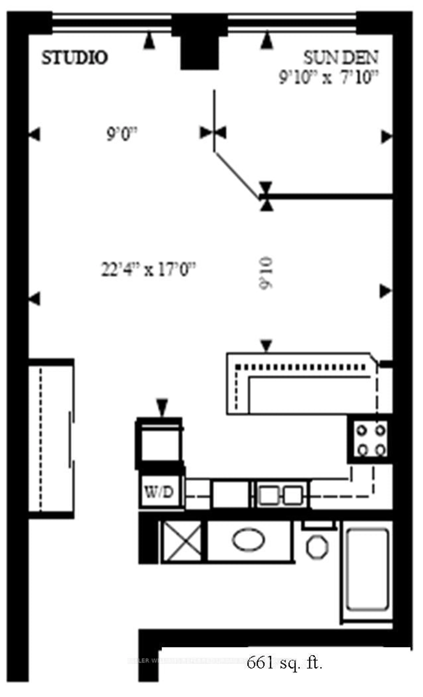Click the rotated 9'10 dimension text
pos(266,273)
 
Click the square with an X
pos(182,541)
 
